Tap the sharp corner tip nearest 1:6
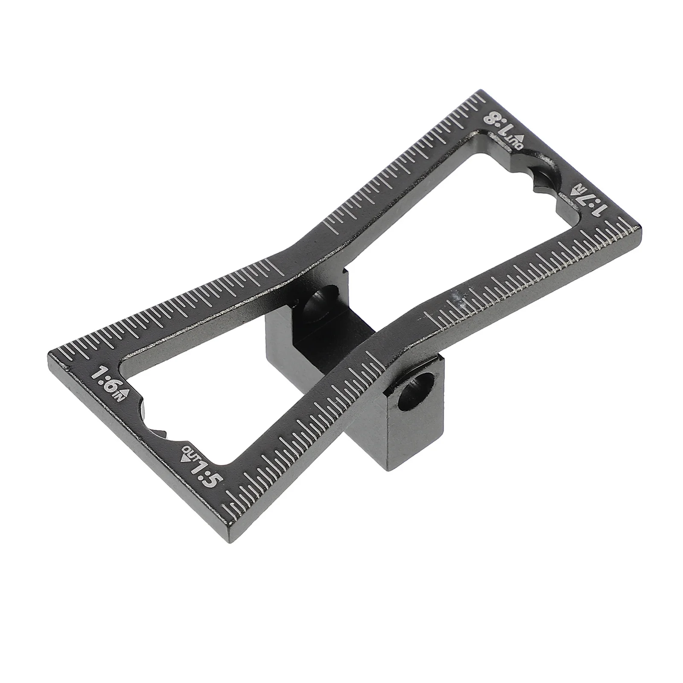click(x=49, y=353)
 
